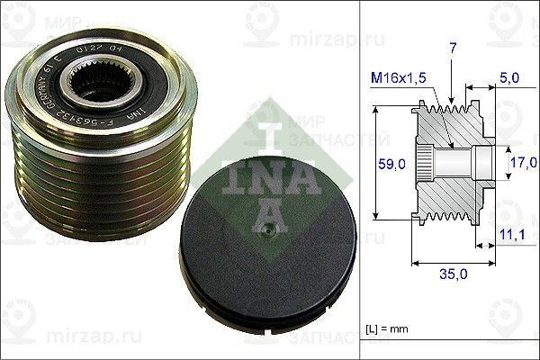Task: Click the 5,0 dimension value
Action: [x=508, y=79]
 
